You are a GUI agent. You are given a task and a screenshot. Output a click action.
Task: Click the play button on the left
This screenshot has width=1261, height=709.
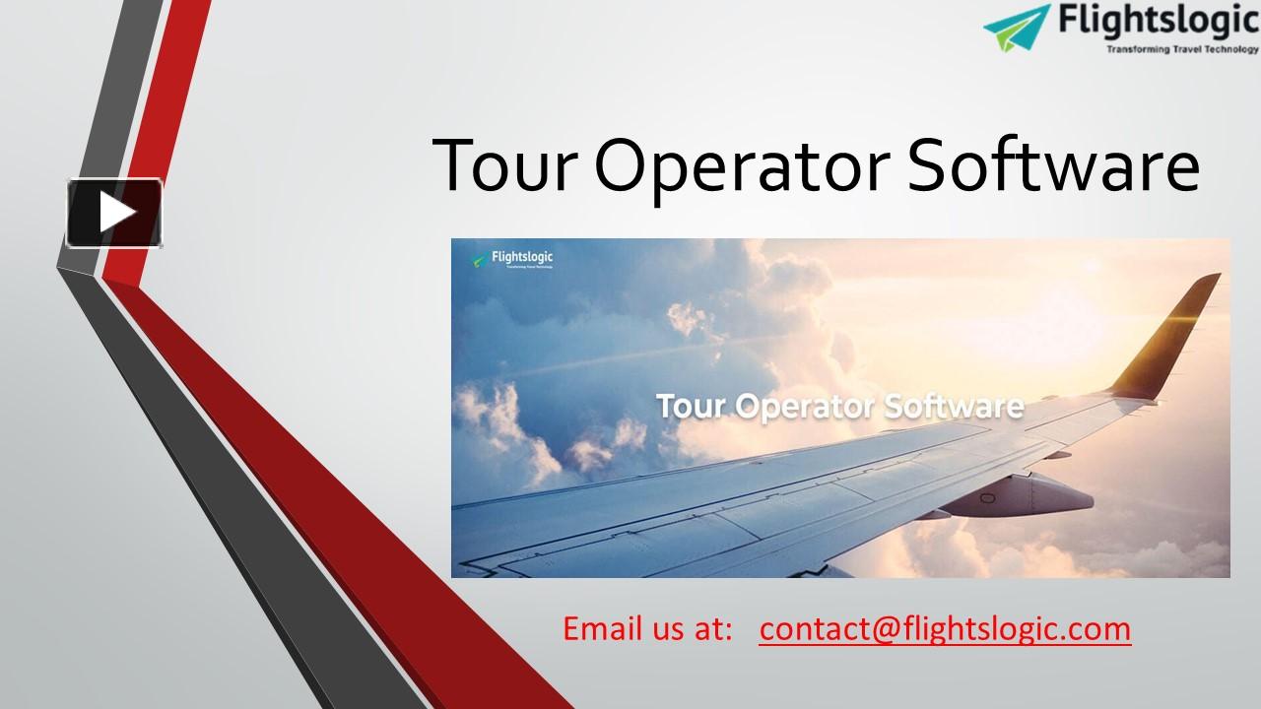click(x=114, y=213)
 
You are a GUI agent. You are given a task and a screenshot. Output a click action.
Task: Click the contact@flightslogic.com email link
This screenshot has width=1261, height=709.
click(x=945, y=628)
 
